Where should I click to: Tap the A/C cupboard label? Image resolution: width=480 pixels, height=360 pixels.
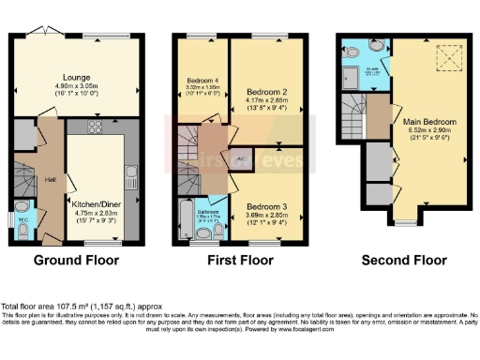243,158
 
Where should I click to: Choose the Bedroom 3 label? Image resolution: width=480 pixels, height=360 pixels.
264,204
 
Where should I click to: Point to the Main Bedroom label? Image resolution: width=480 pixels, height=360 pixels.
429,123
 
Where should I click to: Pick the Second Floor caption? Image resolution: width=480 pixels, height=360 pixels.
401,260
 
